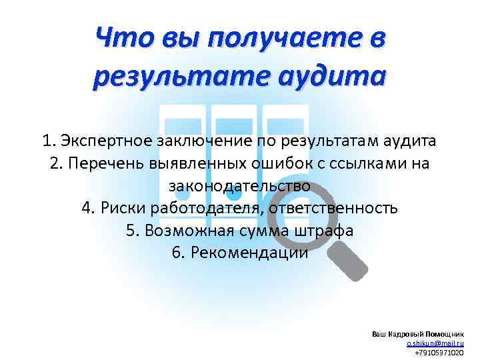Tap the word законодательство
pos(239,185)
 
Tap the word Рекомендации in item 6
pos(249,253)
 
